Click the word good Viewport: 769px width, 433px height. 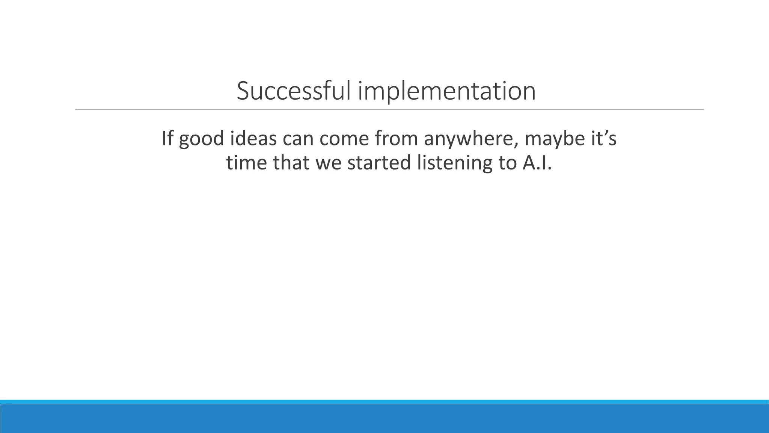[x=201, y=139]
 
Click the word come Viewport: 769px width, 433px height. [x=344, y=139]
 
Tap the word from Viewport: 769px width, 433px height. [x=396, y=138]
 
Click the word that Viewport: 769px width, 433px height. [x=291, y=163]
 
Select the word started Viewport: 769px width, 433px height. [x=379, y=163]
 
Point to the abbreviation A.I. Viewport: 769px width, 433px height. [x=537, y=163]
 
